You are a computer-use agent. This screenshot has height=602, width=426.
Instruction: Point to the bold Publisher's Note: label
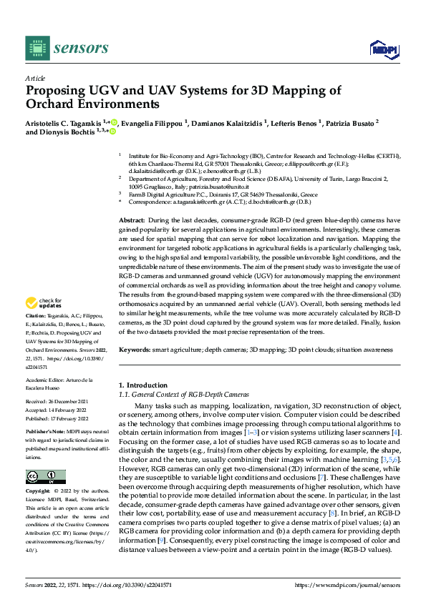point(47,433)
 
